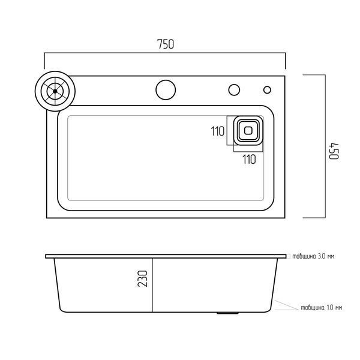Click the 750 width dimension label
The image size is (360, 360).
tap(166, 44)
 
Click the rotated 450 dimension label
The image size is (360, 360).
tap(334, 151)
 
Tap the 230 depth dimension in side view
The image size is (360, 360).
tap(143, 278)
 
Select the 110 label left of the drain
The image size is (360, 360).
tap(217, 131)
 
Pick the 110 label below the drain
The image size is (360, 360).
tap(250, 160)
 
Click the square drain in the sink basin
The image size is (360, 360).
tap(248, 131)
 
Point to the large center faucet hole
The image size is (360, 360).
tap(166, 90)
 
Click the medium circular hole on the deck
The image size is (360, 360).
tap(234, 90)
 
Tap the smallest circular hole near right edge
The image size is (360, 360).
tap(267, 90)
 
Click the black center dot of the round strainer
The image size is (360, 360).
tap(55, 91)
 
